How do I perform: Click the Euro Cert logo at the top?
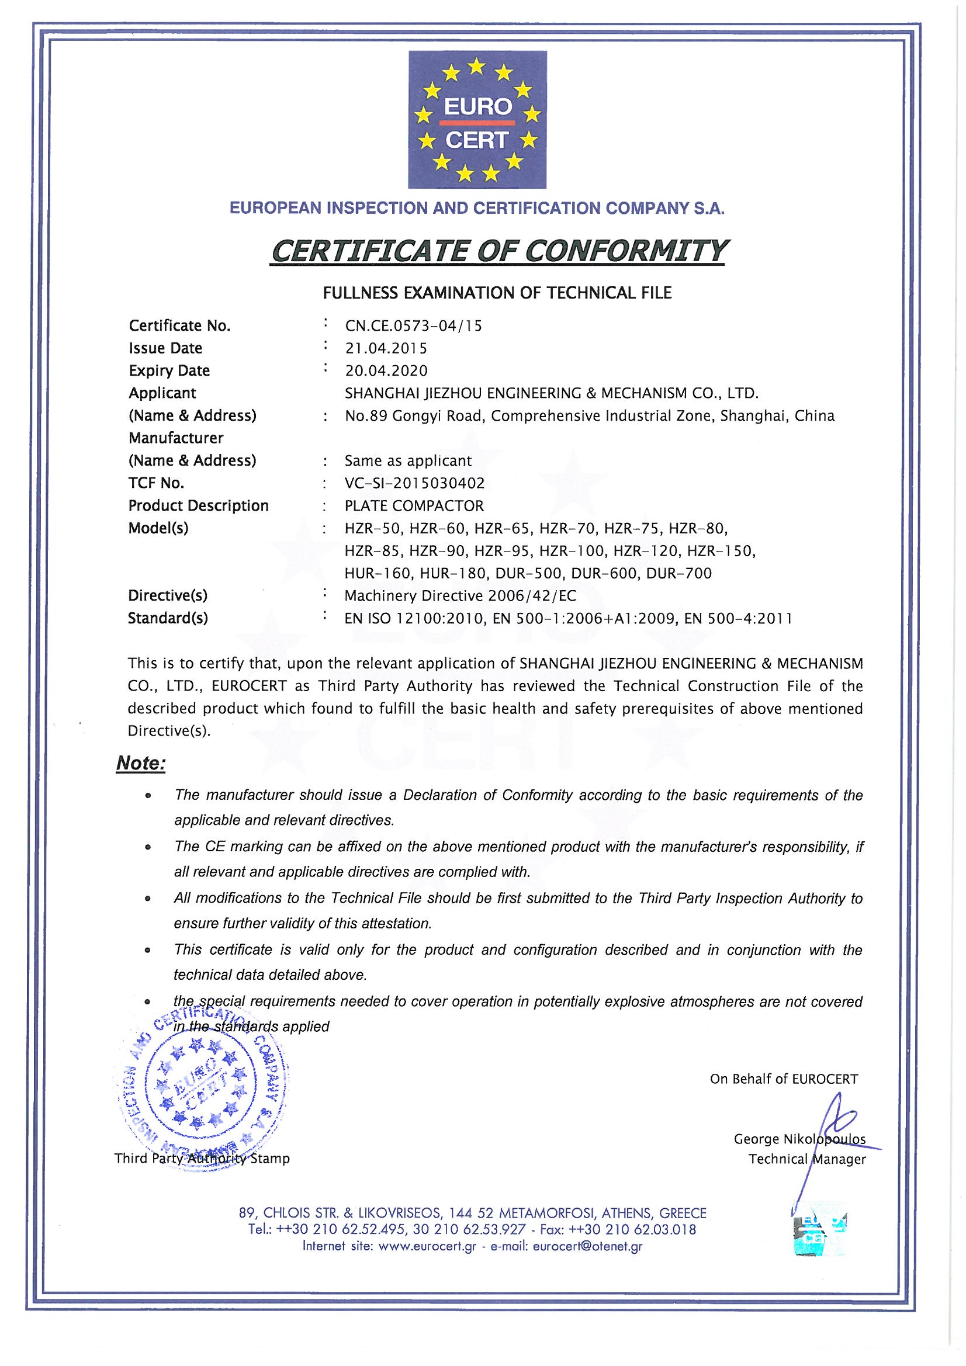[477, 120]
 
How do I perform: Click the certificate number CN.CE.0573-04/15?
[413, 326]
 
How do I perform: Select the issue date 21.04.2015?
[386, 348]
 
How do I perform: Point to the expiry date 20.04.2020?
[386, 370]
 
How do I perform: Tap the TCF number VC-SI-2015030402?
[415, 483]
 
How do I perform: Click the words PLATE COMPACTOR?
[414, 506]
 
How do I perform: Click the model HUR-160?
[378, 574]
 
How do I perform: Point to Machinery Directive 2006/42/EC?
[461, 595]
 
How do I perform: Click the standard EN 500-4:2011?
[738, 619]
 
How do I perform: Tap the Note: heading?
[141, 763]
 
